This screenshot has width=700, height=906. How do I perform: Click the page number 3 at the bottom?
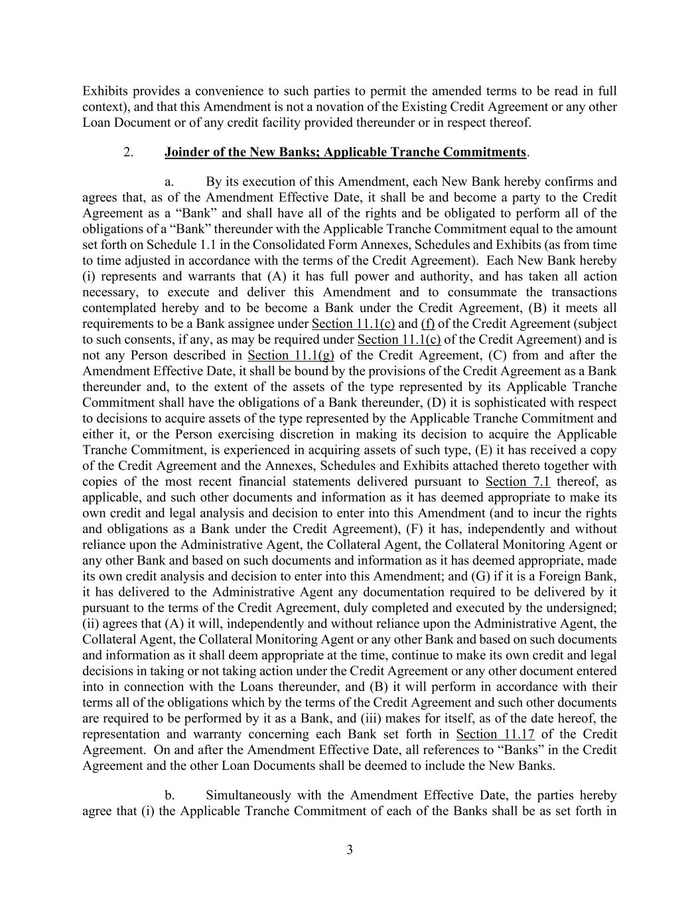[350, 850]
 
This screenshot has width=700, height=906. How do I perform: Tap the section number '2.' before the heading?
[128, 153]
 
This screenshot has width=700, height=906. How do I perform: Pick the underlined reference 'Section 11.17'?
[495, 734]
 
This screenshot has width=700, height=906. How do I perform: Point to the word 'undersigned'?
[583, 608]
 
